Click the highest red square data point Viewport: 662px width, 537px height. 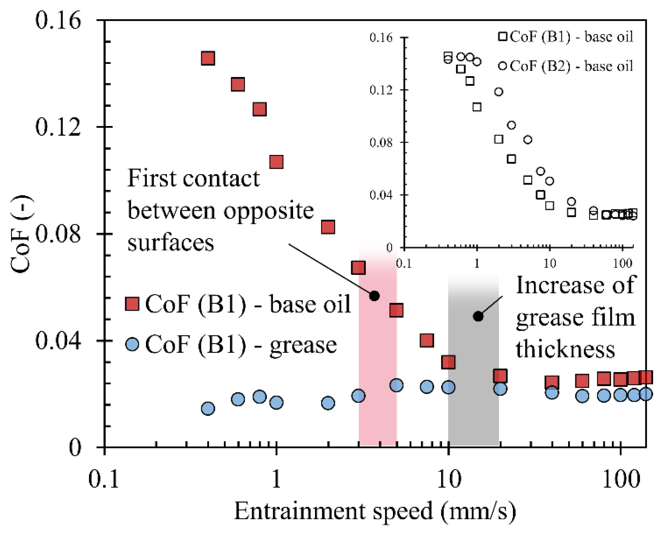pyautogui.click(x=208, y=58)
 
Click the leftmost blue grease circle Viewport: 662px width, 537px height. pyautogui.click(x=208, y=408)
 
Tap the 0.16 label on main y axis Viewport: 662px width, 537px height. pyautogui.click(x=58, y=21)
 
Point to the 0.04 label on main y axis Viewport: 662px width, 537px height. pyautogui.click(x=58, y=341)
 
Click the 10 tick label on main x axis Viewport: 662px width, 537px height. pyautogui.click(x=449, y=480)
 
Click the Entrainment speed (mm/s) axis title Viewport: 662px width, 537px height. pyautogui.click(x=375, y=511)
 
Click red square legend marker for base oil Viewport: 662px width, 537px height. pyautogui.click(x=132, y=303)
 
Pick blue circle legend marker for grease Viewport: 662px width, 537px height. pyautogui.click(x=132, y=344)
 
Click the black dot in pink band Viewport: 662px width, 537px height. pyautogui.click(x=374, y=296)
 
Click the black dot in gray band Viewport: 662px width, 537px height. pyautogui.click(x=478, y=316)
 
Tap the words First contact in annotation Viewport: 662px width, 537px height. pyautogui.click(x=193, y=178)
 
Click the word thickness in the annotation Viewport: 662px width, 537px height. pyautogui.click(x=565, y=349)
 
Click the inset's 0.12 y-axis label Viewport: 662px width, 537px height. pyautogui.click(x=381, y=90)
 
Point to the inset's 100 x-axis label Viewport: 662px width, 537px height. pyautogui.click(x=623, y=264)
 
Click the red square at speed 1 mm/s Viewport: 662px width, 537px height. pyautogui.click(x=276, y=162)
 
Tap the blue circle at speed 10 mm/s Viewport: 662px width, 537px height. pyautogui.click(x=448, y=387)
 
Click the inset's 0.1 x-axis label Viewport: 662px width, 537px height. pyautogui.click(x=404, y=264)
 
